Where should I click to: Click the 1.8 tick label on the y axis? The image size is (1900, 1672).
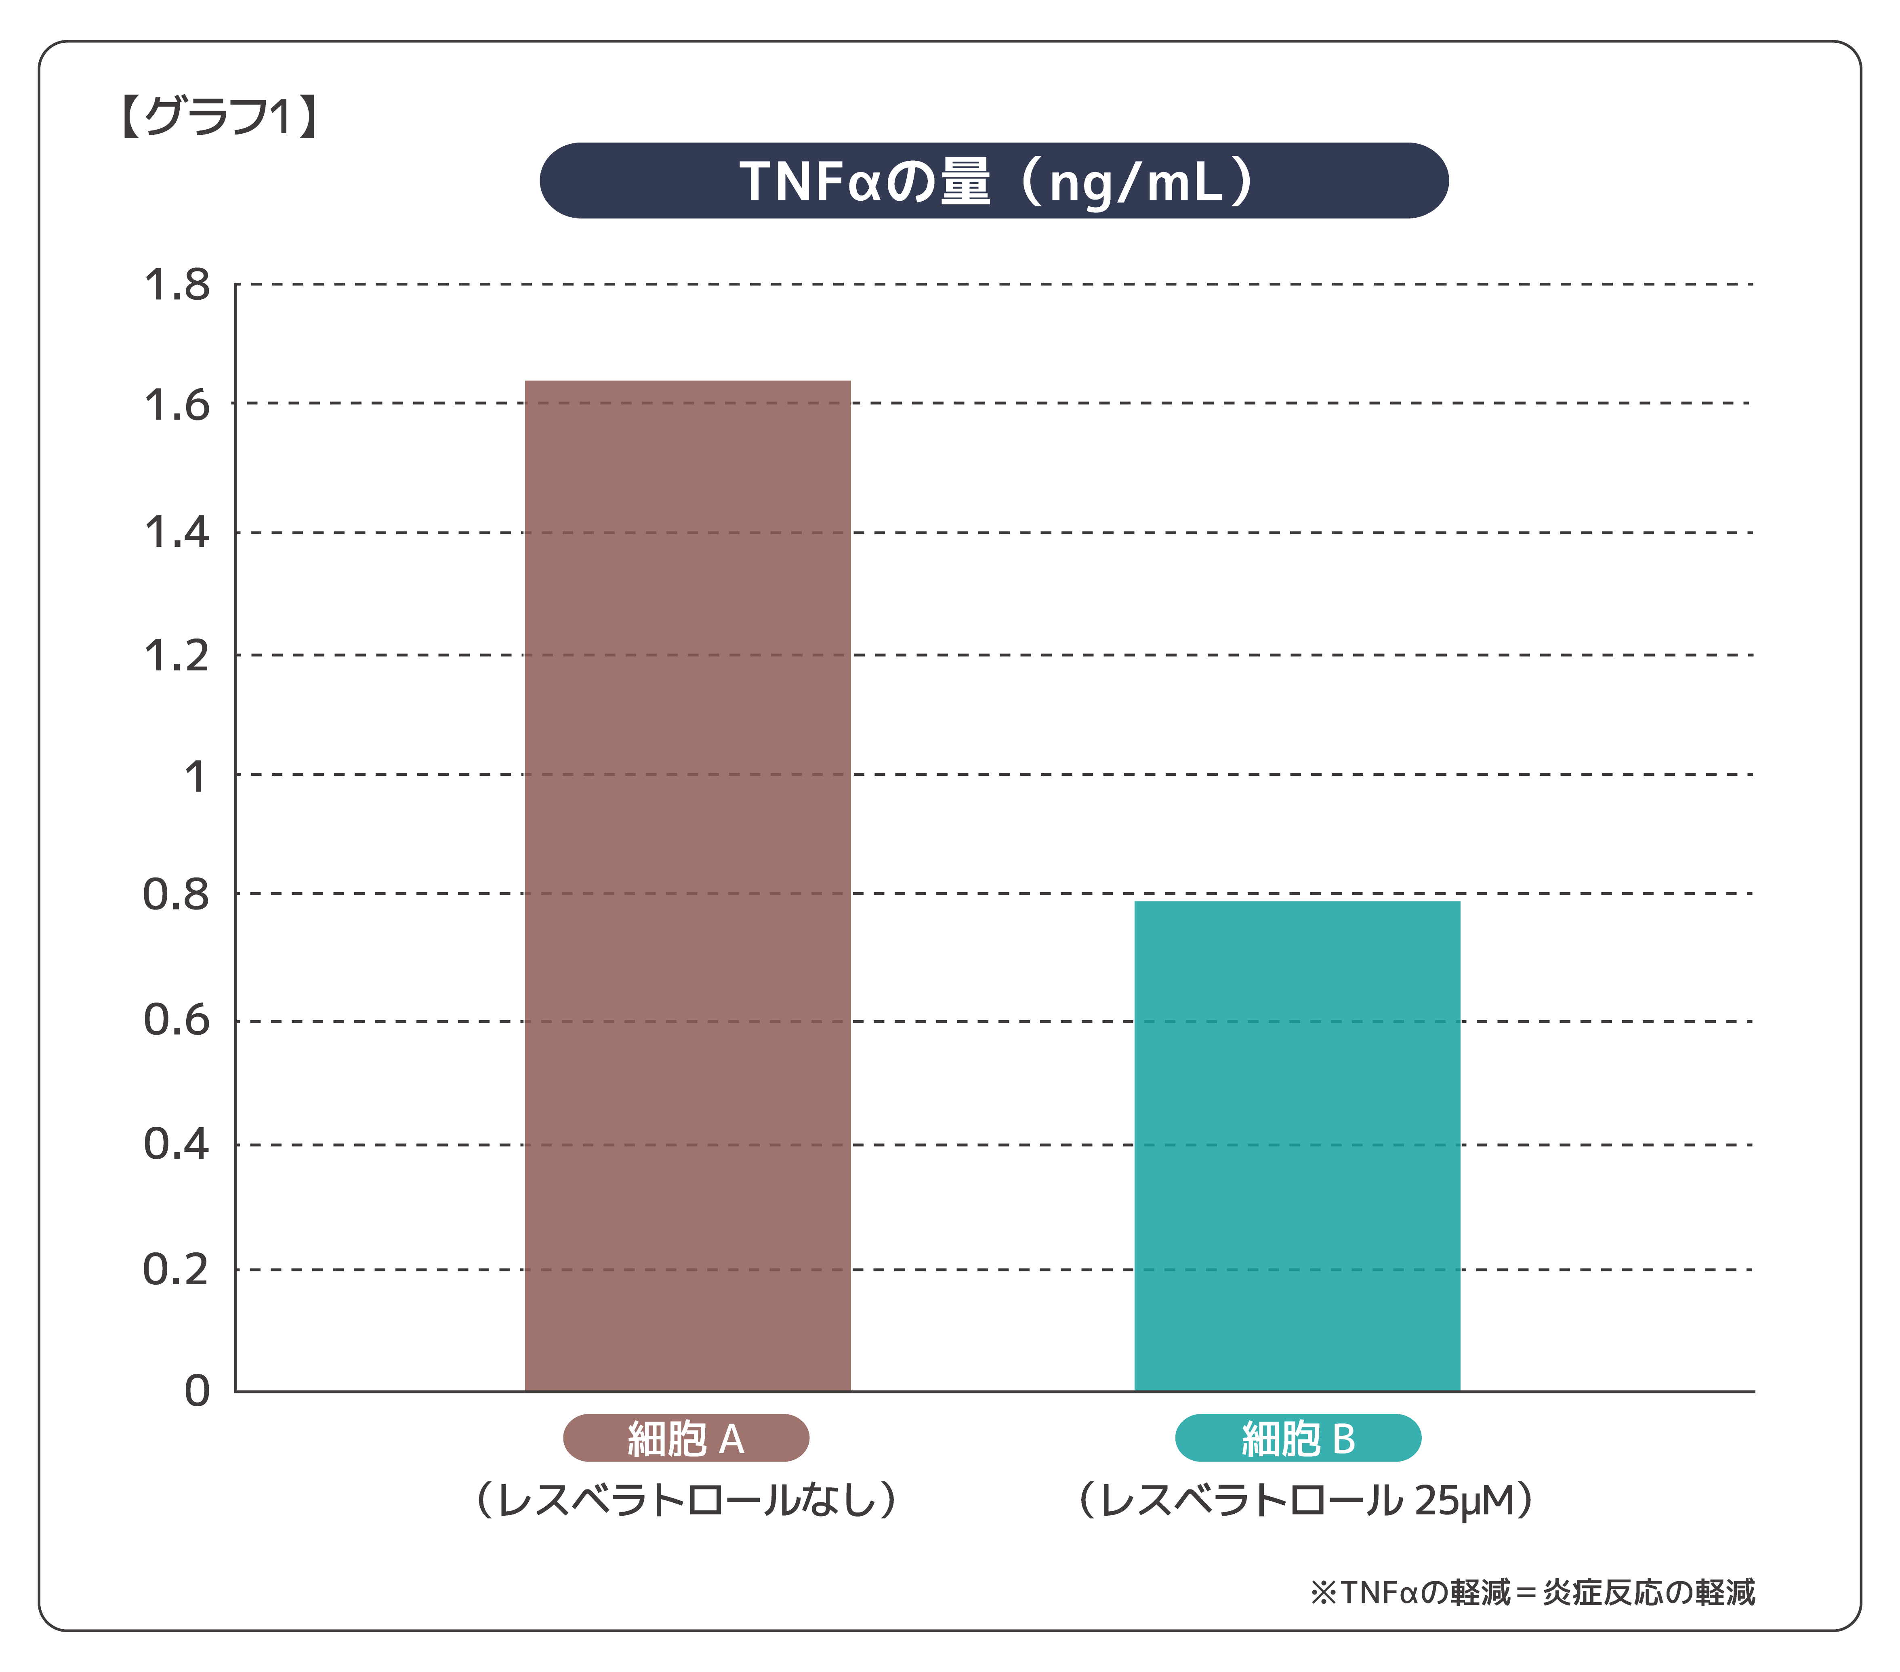pyautogui.click(x=177, y=285)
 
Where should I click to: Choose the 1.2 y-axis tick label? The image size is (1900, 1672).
pyautogui.click(x=177, y=656)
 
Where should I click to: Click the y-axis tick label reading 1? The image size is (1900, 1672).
pyautogui.click(x=195, y=776)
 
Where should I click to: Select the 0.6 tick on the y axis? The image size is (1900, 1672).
pyautogui.click(x=177, y=1021)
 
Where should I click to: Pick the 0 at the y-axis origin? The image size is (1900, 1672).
pyautogui.click(x=197, y=1391)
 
